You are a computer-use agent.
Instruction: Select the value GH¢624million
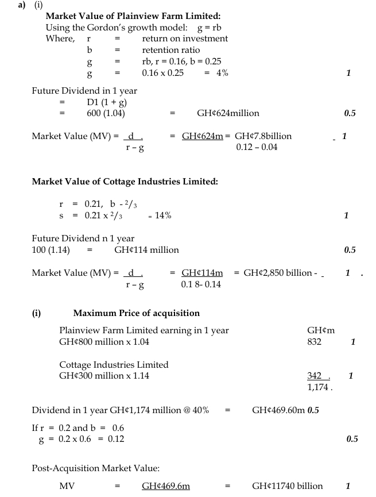[x=228, y=114]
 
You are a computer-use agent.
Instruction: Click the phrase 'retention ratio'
[x=171, y=50]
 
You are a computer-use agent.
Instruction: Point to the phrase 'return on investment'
[x=185, y=38]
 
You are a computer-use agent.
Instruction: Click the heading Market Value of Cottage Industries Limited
[x=125, y=182]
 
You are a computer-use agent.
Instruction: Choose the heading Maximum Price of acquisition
[x=137, y=313]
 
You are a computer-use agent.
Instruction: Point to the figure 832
[x=315, y=342]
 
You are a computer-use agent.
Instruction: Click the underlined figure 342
[x=317, y=376]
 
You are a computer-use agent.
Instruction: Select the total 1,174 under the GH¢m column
[x=319, y=387]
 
